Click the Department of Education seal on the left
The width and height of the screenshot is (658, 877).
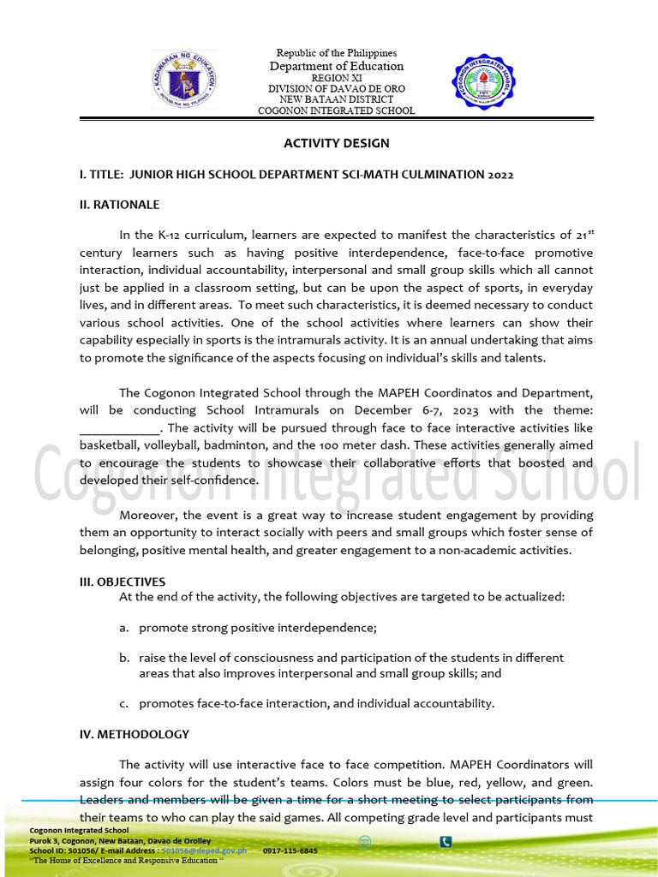[184, 80]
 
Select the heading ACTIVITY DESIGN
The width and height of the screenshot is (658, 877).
[337, 143]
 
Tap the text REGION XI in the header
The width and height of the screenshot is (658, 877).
[336, 78]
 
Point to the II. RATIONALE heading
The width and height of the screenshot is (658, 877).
[119, 205]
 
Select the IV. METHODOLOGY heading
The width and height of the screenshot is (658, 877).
[134, 734]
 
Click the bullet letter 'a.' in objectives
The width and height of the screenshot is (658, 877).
[124, 628]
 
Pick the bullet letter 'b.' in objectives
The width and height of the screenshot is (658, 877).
[124, 658]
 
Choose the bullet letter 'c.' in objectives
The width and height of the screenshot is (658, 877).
[124, 703]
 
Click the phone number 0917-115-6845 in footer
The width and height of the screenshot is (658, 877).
[290, 850]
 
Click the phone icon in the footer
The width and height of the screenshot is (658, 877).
[446, 842]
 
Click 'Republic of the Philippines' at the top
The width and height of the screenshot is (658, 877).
[336, 54]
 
